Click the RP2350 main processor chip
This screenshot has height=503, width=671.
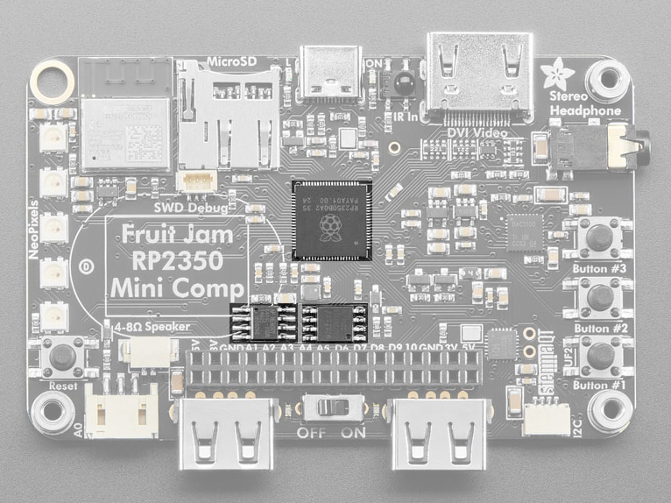click(331, 220)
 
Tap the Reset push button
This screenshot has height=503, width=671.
click(62, 357)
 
